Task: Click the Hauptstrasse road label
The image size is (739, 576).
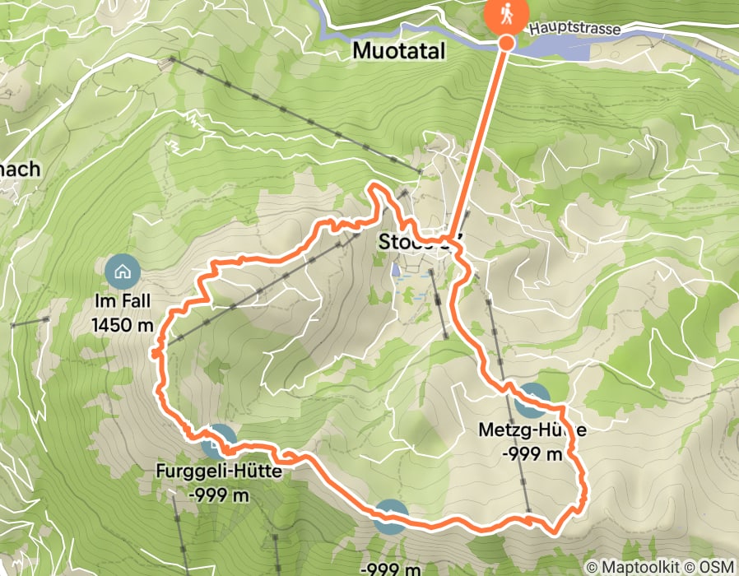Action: point(574,28)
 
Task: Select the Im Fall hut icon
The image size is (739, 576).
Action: point(123,271)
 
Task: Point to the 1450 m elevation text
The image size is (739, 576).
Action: point(123,325)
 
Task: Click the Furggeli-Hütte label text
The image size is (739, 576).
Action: point(218,472)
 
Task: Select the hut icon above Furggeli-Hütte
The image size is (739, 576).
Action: point(219,441)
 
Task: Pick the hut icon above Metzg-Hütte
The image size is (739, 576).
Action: point(533,401)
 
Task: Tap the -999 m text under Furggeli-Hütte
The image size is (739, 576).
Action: point(219,495)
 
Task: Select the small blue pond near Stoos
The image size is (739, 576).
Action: point(396,269)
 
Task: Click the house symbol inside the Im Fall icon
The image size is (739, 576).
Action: point(123,271)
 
